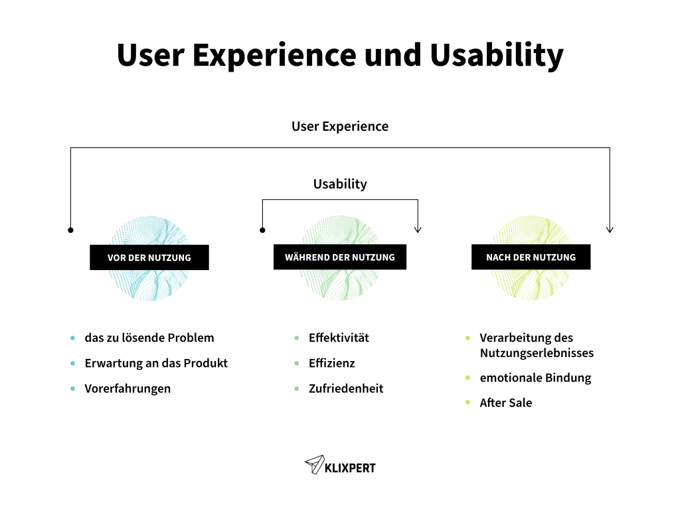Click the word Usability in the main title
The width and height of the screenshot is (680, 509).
497,55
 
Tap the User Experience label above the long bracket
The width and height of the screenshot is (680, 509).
340,126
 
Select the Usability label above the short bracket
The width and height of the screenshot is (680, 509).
340,184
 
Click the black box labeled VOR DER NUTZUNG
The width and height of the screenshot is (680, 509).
149,257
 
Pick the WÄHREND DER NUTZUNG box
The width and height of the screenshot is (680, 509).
340,257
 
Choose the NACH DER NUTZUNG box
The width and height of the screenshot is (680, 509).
531,257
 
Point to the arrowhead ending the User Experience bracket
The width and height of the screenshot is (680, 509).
610,229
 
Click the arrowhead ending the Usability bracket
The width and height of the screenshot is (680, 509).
418,229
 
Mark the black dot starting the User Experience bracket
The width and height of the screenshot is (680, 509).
70,230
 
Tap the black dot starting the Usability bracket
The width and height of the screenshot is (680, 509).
262,230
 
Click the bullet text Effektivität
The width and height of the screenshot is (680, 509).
339,338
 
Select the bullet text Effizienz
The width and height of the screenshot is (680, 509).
331,363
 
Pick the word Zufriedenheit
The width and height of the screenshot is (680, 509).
346,389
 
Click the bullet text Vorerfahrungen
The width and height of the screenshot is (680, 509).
127,389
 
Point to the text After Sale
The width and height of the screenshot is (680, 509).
506,403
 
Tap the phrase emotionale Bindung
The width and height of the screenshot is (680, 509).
535,378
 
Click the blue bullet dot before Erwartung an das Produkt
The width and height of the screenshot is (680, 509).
72,364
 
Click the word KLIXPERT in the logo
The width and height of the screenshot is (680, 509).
350,468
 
